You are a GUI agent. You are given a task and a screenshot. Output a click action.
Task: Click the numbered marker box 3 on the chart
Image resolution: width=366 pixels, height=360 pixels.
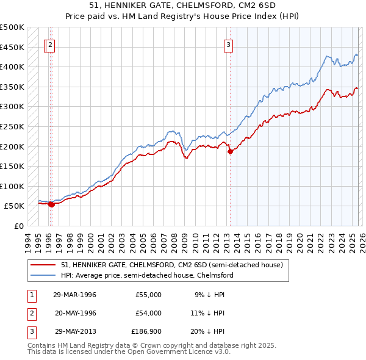[228, 44]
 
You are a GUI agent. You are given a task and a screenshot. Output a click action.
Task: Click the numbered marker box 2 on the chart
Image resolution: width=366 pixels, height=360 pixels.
[51, 44]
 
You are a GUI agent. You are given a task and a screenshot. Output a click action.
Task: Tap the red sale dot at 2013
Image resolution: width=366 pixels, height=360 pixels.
[230, 151]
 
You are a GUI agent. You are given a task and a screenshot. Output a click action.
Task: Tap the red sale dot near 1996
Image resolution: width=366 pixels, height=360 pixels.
[51, 204]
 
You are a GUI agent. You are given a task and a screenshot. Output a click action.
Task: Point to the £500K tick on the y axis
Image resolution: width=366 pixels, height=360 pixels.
[12, 27]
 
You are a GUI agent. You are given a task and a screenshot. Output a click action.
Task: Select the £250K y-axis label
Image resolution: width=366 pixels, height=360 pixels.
[12, 126]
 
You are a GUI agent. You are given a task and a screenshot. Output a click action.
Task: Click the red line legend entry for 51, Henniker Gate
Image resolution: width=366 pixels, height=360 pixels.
[171, 265]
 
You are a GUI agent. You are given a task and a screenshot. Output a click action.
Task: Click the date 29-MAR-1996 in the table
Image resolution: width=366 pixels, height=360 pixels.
[74, 295]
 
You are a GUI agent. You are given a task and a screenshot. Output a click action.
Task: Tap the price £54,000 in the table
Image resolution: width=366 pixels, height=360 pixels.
[148, 313]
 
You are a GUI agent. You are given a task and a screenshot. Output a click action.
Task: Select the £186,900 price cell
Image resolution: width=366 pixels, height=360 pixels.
[146, 331]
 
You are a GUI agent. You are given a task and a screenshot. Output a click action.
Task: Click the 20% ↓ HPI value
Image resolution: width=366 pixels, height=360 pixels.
[209, 331]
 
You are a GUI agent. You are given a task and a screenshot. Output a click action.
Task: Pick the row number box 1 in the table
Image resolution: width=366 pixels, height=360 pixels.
[30, 295]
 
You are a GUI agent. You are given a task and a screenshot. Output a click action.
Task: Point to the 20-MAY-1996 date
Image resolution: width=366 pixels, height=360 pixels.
[75, 313]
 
